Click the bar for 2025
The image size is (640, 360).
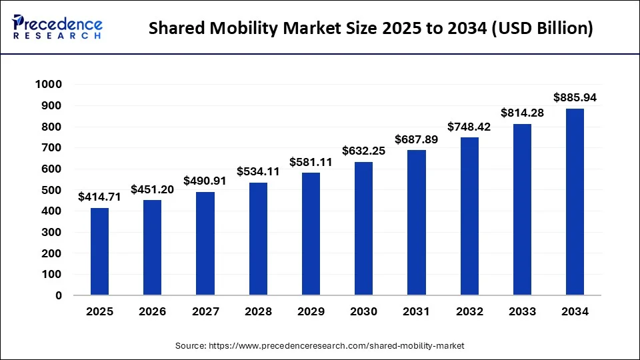pyautogui.click(x=99, y=251)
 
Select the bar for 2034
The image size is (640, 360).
pyautogui.click(x=575, y=201)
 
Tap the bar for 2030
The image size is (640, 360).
pyautogui.click(x=363, y=228)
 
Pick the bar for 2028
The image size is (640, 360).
pyautogui.click(x=258, y=239)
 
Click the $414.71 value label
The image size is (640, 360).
pyautogui.click(x=99, y=197)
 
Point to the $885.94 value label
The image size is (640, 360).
pyautogui.click(x=575, y=97)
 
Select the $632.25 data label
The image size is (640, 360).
pyautogui.click(x=363, y=151)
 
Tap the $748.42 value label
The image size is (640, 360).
pyautogui.click(x=469, y=126)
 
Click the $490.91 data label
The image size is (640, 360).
pyautogui.click(x=205, y=181)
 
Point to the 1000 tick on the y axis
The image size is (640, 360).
pyautogui.click(x=47, y=85)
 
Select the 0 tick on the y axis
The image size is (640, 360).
pyautogui.click(x=59, y=295)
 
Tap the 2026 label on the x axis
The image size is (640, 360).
pyautogui.click(x=153, y=311)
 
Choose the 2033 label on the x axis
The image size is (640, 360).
pyautogui.click(x=522, y=311)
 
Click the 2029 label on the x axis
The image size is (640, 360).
pyautogui.click(x=311, y=311)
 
